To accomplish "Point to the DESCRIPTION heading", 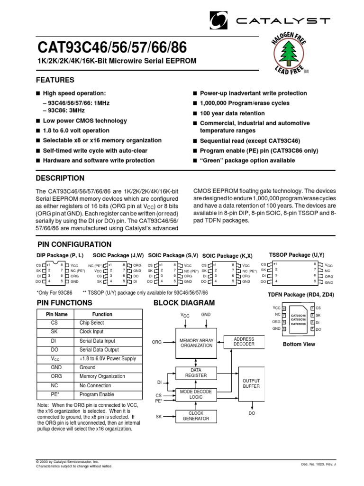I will (x=60, y=178).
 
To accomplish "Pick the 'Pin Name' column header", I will (x=57, y=314).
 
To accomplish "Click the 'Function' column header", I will (x=102, y=314).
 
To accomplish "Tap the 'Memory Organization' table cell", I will (x=102, y=376).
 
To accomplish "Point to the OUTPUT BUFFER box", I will (x=251, y=383).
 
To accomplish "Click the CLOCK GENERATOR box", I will (x=196, y=416).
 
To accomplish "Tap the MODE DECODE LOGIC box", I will (x=196, y=394).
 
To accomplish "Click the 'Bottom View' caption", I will (x=299, y=344).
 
